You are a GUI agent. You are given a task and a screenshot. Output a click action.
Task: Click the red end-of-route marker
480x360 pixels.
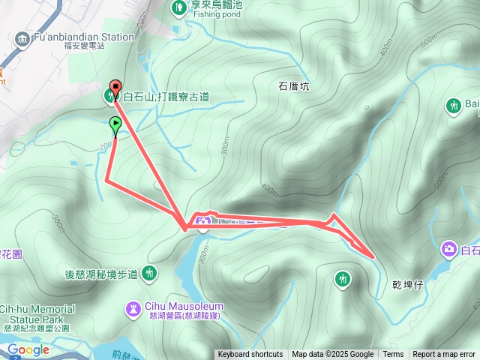115,85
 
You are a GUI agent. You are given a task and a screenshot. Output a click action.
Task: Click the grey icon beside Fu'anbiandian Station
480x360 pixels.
21,37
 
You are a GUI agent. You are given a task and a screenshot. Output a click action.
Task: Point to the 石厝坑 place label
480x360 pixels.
294,86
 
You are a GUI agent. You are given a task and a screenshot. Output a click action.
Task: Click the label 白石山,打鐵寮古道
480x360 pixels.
166,96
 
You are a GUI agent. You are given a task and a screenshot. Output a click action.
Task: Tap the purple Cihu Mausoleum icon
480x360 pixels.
133,307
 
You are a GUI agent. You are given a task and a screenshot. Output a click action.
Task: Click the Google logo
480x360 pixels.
28,349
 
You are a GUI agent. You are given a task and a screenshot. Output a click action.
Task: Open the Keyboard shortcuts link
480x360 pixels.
250,355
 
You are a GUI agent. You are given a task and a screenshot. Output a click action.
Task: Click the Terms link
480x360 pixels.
393,355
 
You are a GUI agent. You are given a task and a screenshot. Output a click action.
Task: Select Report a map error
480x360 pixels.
444,355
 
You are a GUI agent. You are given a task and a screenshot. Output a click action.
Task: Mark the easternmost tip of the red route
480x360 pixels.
373,256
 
